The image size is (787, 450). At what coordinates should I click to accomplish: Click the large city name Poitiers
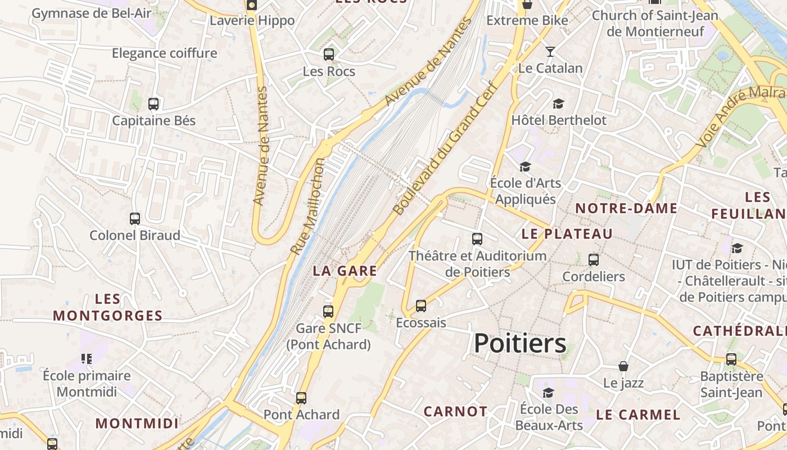520,343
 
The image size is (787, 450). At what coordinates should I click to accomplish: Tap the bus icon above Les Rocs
329,55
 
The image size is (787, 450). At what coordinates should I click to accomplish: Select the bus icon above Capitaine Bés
153,104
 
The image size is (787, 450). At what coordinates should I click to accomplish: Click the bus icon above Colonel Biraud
135,219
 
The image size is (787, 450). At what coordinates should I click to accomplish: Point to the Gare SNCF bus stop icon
328,311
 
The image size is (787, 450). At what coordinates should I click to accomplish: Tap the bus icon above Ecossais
421,306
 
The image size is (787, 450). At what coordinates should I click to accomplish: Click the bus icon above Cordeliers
594,260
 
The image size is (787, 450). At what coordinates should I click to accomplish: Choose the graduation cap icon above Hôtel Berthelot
558,104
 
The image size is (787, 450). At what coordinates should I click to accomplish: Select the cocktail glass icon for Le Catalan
550,52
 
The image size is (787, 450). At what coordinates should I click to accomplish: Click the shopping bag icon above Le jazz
623,367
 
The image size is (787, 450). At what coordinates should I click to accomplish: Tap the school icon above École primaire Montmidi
87,358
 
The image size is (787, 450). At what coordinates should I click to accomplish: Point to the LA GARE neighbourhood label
345,271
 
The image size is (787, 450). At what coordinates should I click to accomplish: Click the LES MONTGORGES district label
107,307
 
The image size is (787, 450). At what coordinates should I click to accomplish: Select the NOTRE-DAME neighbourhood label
626,208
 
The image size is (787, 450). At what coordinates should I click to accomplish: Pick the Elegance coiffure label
164,53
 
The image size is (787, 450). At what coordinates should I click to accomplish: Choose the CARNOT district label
455,411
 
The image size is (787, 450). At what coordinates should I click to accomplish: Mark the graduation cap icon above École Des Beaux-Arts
548,393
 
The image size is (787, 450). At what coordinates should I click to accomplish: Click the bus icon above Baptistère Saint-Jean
731,359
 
